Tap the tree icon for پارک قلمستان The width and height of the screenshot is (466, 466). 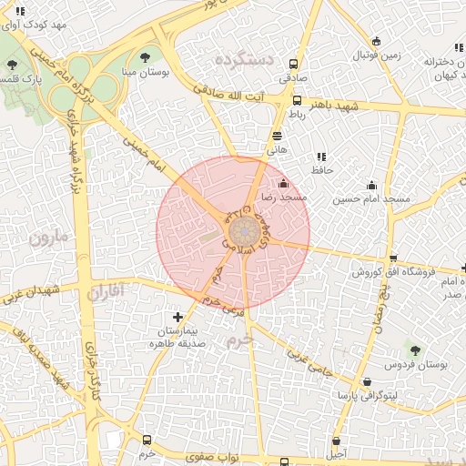click(11, 65)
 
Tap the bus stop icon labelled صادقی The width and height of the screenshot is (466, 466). click(293, 65)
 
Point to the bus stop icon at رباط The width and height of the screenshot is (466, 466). click(297, 101)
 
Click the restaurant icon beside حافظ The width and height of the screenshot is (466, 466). click(320, 156)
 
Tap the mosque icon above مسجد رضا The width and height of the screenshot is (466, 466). click(283, 183)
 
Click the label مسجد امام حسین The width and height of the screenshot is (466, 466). click(371, 198)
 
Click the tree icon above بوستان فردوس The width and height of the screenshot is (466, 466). click(415, 349)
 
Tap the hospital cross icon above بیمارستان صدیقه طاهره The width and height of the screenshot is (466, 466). click(177, 317)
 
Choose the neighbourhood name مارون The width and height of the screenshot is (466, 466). click(48, 238)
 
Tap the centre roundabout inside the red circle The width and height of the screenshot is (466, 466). click(240, 228)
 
